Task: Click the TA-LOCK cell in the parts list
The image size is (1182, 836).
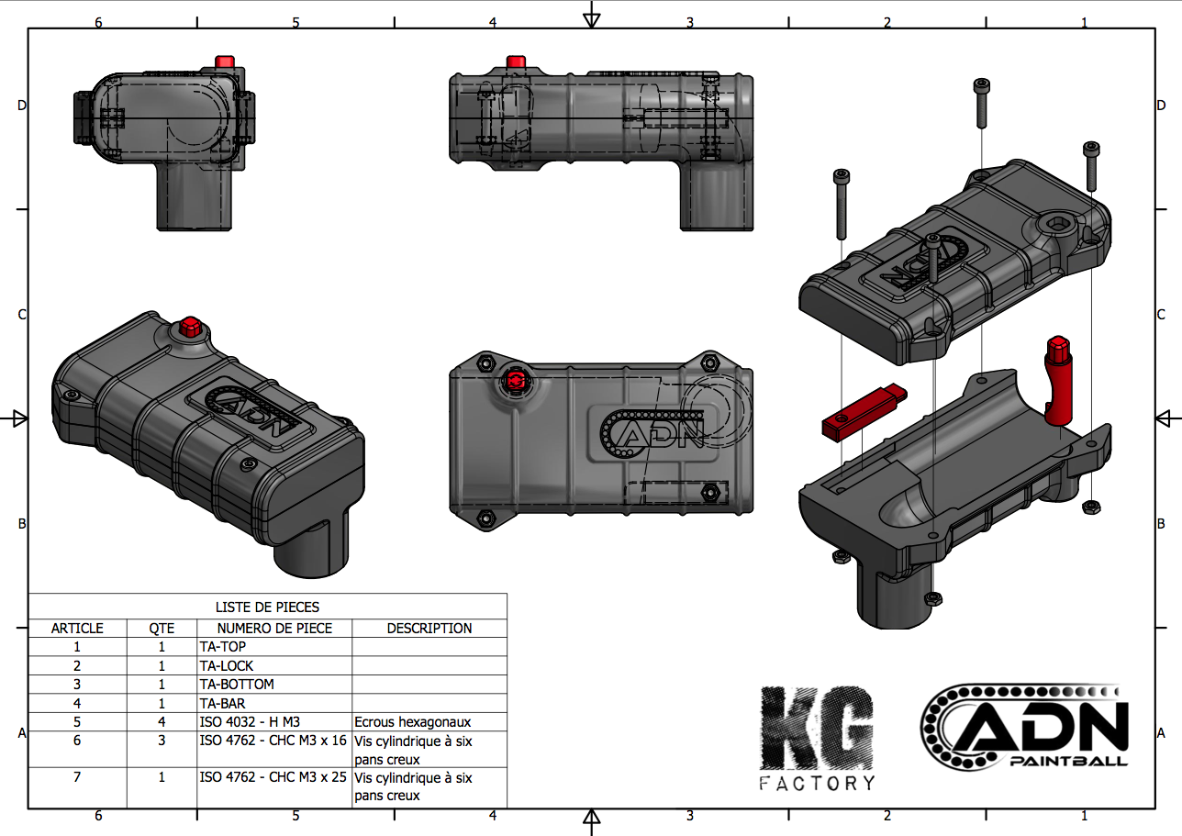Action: tap(226, 665)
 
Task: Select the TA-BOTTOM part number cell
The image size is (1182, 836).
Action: tap(236, 684)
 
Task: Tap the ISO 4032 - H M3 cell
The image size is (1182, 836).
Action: tap(249, 721)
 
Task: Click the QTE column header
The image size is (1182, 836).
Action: tap(162, 629)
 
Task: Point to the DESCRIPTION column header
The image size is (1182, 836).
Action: tap(429, 629)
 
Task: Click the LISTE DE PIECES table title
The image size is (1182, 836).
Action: tap(267, 607)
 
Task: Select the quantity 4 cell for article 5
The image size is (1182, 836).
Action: tap(162, 721)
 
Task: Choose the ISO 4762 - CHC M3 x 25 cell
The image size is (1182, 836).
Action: tap(273, 777)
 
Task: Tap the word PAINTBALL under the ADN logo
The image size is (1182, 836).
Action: tap(1068, 761)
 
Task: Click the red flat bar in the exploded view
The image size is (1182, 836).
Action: tap(863, 412)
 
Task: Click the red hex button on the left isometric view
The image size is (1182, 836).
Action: tap(191, 326)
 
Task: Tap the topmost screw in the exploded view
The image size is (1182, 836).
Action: tap(980, 102)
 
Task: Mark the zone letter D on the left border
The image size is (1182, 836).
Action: tap(22, 106)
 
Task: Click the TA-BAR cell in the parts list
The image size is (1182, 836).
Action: tap(222, 703)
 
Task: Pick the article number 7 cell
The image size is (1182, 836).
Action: tap(77, 777)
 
